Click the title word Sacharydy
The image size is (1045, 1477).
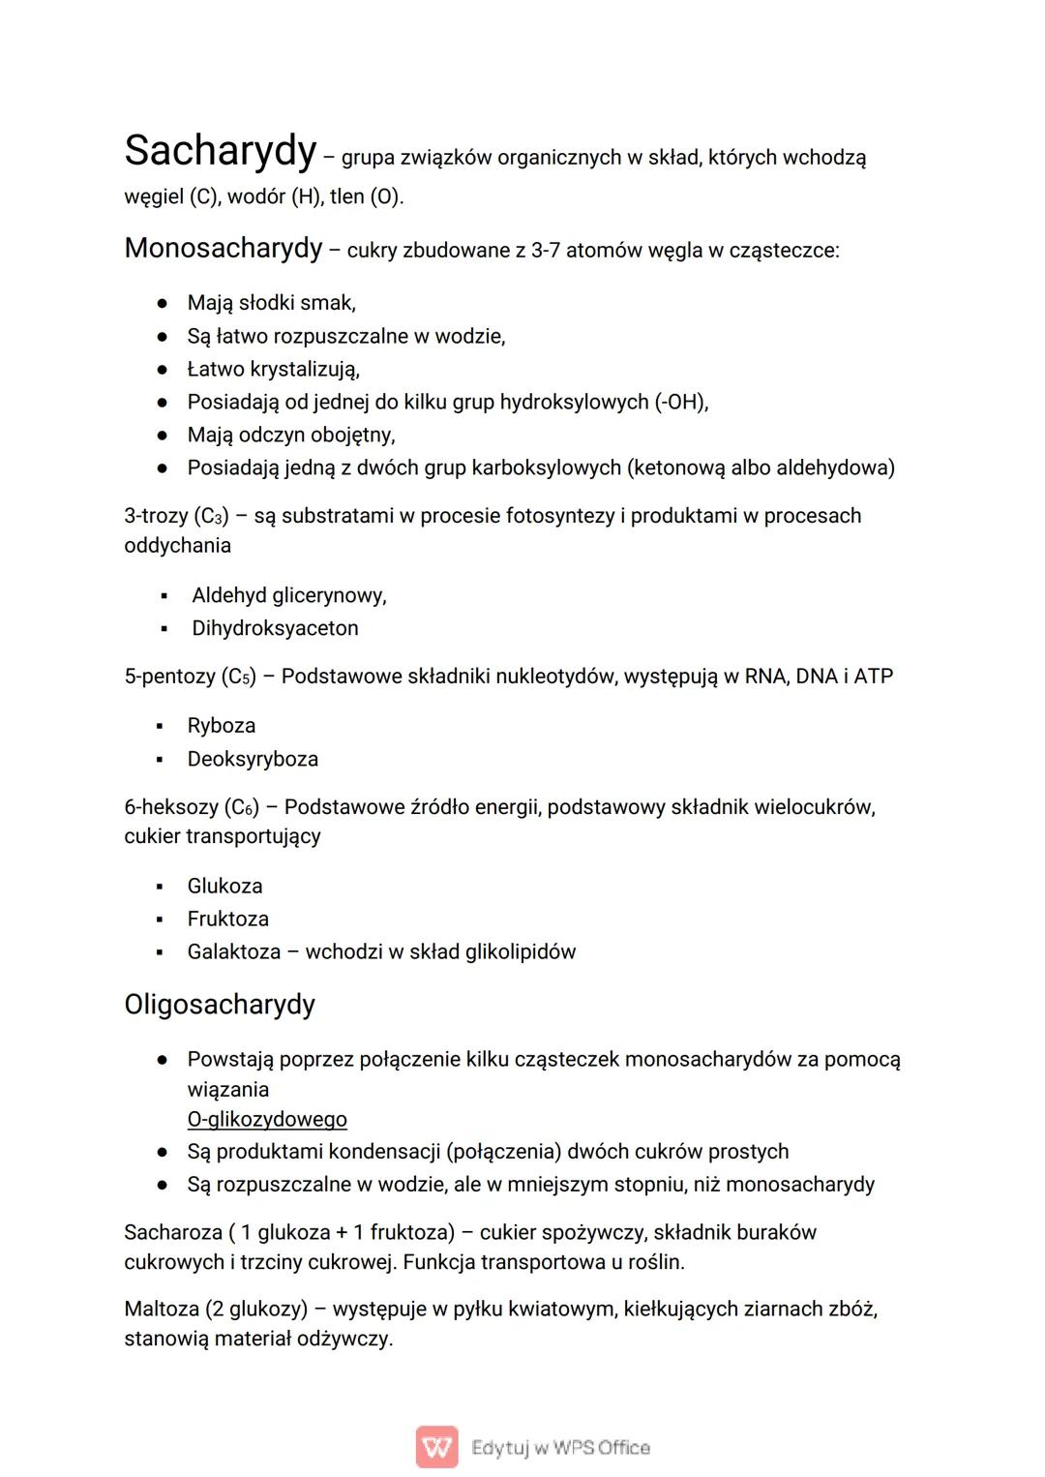coord(221,151)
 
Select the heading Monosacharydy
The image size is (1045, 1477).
coord(223,248)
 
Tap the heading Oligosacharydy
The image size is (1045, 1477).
coord(220,1004)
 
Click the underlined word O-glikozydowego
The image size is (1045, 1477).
coord(267,1120)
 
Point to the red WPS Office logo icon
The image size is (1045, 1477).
coord(436,1447)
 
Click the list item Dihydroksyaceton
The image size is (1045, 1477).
coord(275,628)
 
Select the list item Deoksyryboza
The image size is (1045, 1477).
coord(253,759)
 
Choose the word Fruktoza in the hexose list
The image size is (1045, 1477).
coord(228,919)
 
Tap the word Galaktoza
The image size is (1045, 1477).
coord(234,951)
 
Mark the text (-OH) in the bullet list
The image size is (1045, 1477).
coord(681,402)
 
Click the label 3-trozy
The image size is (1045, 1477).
coord(156,516)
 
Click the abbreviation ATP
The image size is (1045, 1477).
coord(873,676)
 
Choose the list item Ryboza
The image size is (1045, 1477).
coord(222,726)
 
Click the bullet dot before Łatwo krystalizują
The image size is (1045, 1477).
coord(164,370)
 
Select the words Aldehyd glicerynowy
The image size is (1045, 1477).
coord(288,595)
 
